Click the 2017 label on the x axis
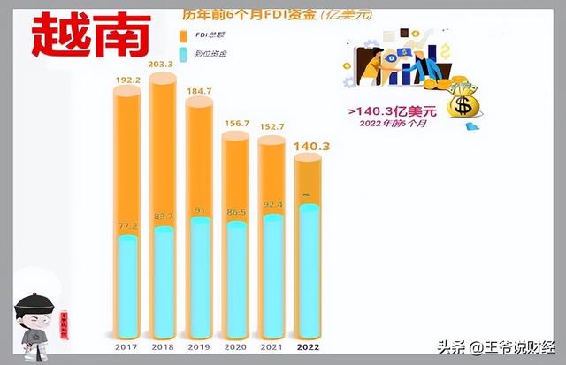click(127, 346)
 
